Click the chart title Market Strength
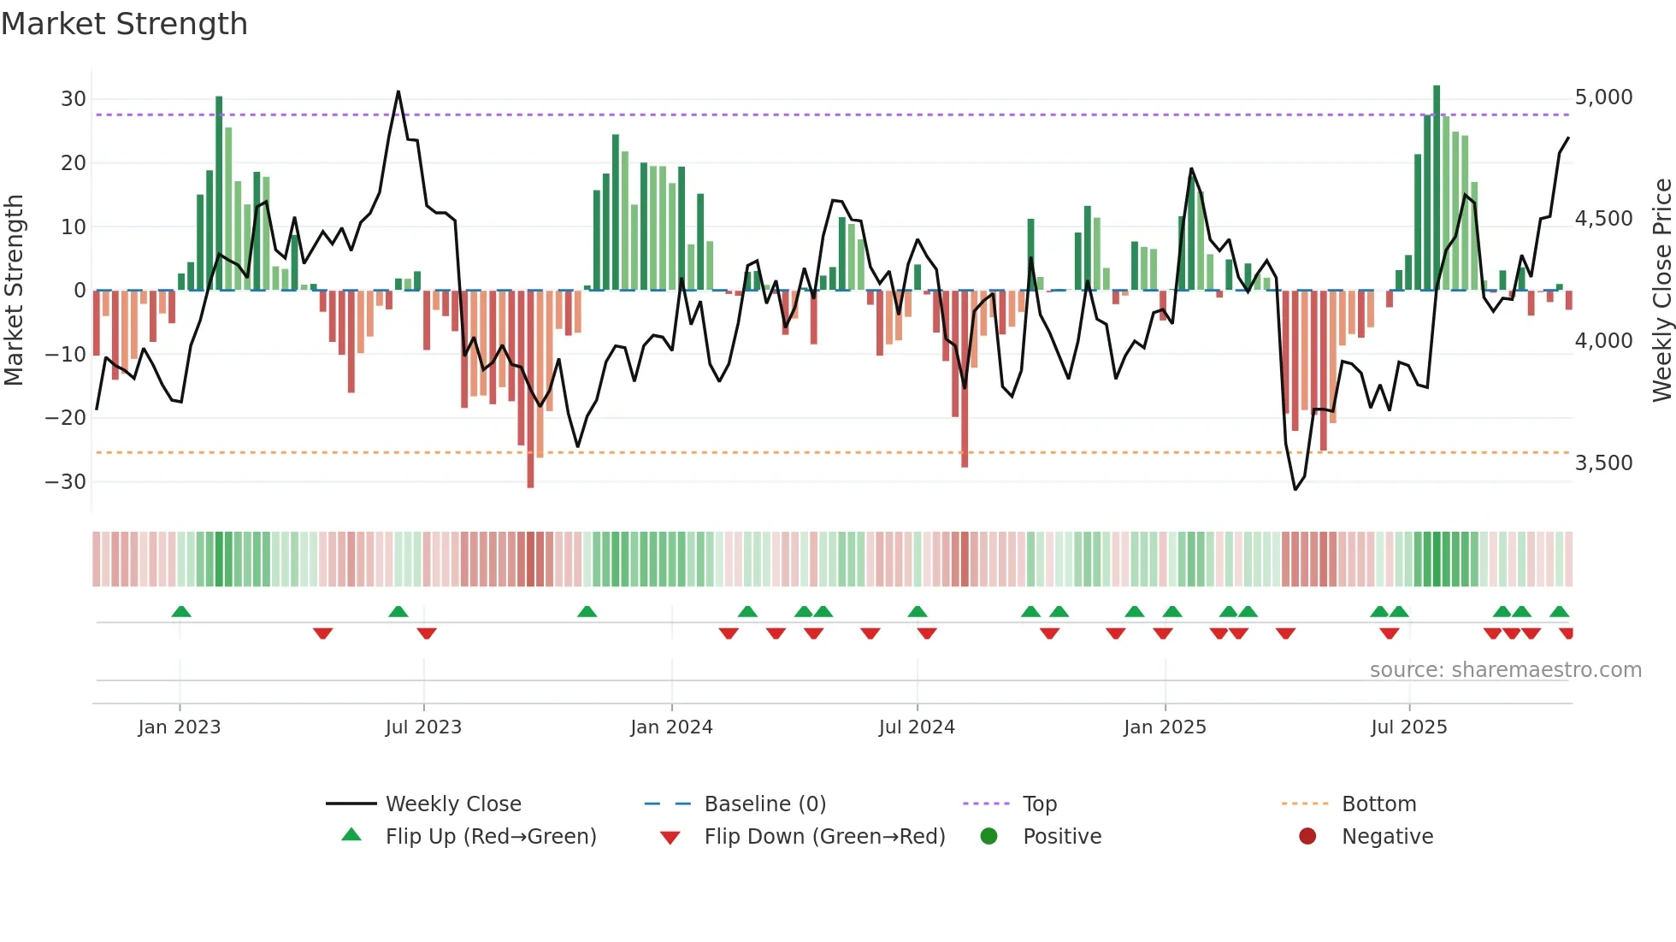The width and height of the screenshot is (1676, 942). click(124, 24)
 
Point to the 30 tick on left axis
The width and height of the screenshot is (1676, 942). click(74, 99)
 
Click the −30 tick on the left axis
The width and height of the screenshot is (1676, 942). click(67, 482)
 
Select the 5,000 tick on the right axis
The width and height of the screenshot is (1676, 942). click(1603, 97)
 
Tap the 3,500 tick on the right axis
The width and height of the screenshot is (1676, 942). click(1603, 463)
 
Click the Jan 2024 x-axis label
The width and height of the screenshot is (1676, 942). click(671, 727)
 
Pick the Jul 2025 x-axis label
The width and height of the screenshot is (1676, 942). click(1408, 727)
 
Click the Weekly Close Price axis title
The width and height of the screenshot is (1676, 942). click(1661, 291)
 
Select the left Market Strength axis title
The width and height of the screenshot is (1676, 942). click(15, 291)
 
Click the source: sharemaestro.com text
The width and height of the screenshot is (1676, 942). click(1505, 670)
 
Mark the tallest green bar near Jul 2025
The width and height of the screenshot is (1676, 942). click(1437, 188)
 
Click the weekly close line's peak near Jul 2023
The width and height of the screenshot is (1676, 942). click(398, 91)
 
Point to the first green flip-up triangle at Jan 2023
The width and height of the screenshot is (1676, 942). click(181, 612)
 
